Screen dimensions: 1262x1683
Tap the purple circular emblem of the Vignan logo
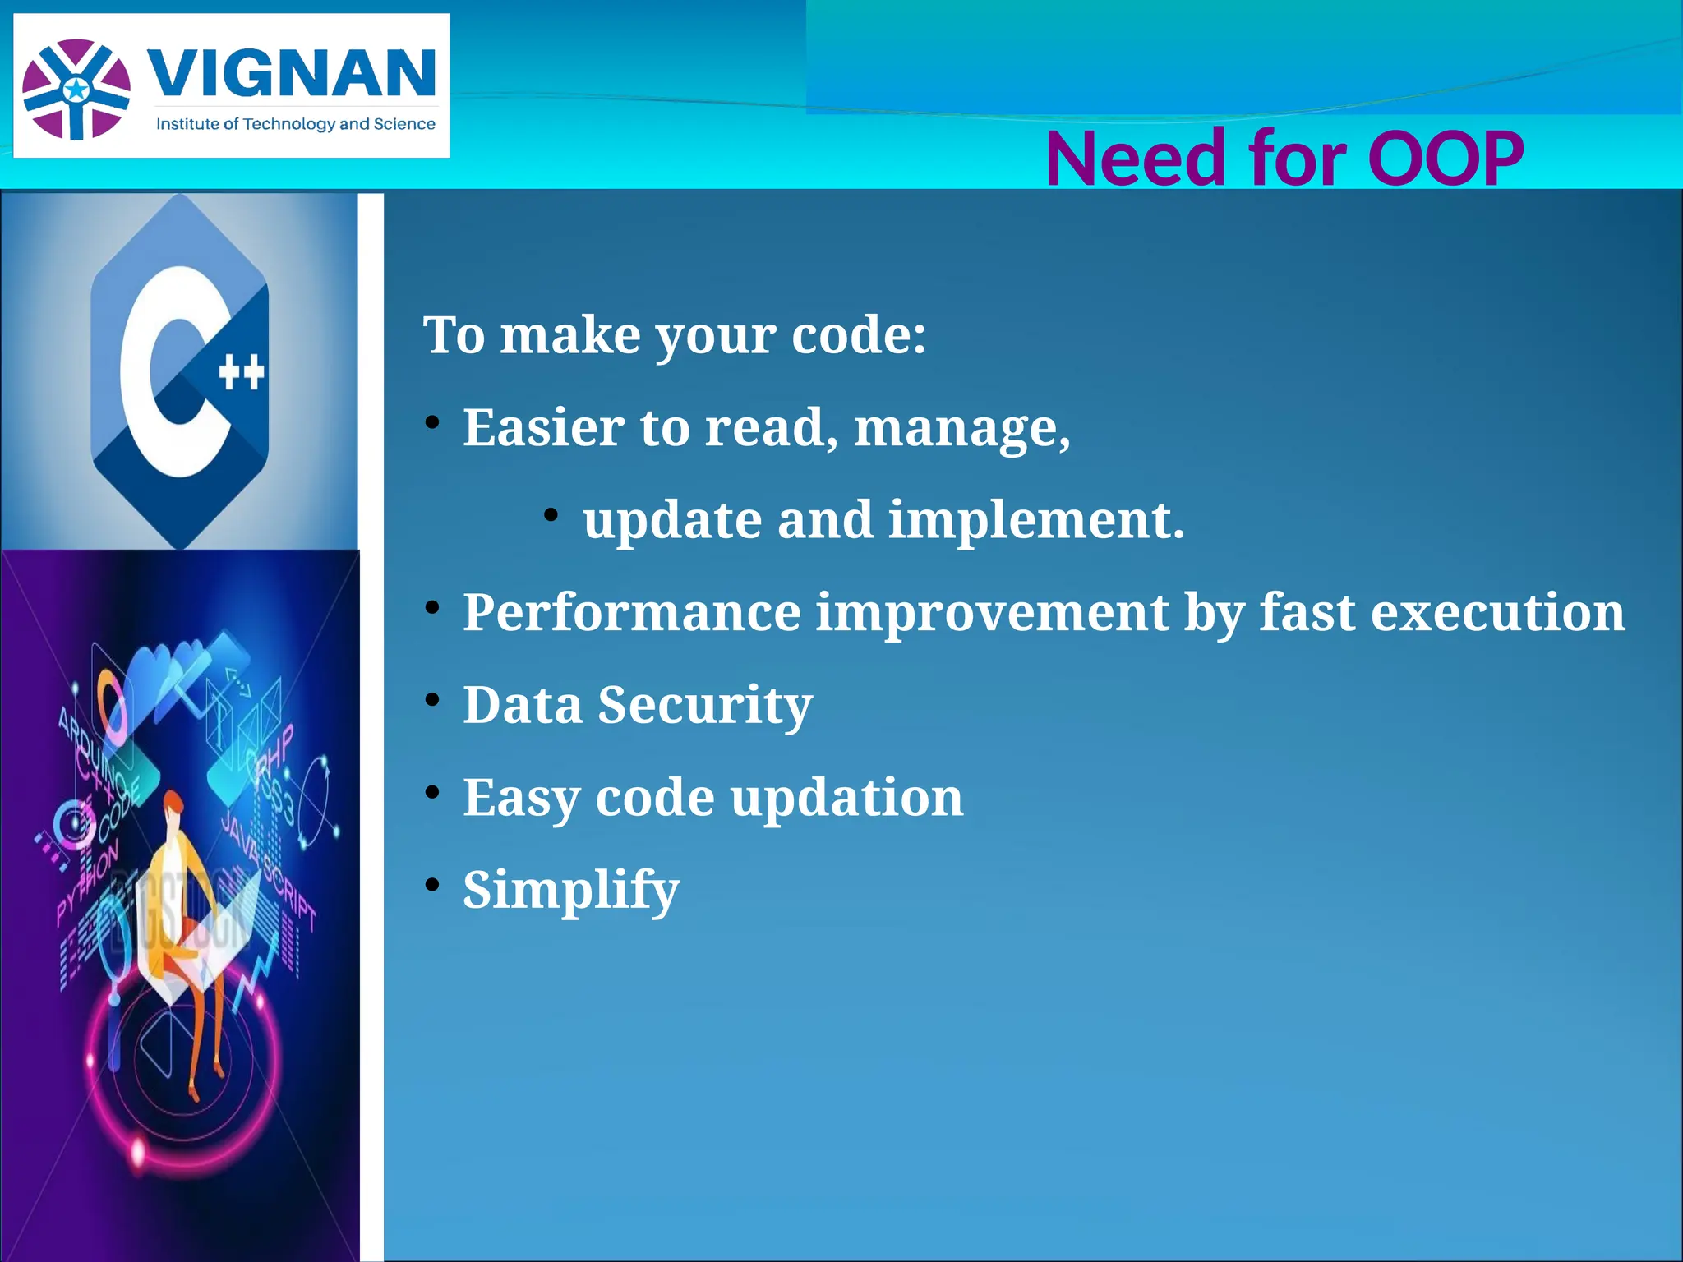pos(76,89)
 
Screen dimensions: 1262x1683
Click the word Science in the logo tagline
pos(404,124)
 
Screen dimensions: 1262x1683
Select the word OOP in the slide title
pos(1446,158)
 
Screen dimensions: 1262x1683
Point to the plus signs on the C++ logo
pos(242,372)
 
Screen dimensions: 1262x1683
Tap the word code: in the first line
pos(858,335)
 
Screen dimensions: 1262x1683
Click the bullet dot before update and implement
pos(551,516)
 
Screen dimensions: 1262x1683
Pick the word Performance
pos(631,613)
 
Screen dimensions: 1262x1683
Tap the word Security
pos(704,705)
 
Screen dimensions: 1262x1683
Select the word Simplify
pos(571,891)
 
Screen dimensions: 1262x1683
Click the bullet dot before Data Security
pos(432,701)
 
